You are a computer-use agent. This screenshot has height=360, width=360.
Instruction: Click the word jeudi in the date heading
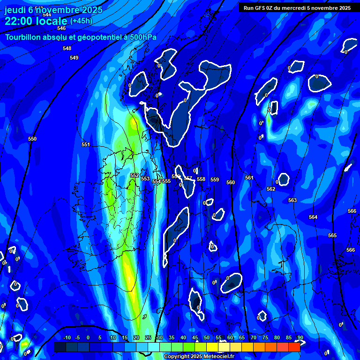(x=15, y=10)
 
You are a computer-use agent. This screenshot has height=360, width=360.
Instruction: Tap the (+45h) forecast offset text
(x=81, y=21)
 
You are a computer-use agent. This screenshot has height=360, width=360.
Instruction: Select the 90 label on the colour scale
(x=300, y=337)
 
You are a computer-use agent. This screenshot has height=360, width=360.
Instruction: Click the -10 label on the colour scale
(x=67, y=337)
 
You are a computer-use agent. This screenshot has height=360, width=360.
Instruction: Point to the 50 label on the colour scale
(x=207, y=337)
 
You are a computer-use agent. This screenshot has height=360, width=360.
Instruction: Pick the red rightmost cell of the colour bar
(x=294, y=347)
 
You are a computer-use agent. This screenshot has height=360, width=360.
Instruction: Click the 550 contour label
(x=32, y=139)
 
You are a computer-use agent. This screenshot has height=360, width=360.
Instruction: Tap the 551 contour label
(x=86, y=144)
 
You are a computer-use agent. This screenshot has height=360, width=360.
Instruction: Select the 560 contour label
(x=231, y=182)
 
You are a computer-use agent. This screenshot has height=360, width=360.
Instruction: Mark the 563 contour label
(x=292, y=200)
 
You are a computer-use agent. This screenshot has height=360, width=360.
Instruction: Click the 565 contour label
(x=332, y=235)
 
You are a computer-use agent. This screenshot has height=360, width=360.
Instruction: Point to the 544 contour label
(x=47, y=15)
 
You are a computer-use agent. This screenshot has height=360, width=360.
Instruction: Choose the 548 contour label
(x=67, y=48)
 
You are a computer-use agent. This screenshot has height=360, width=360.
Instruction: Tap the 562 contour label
(x=271, y=189)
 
